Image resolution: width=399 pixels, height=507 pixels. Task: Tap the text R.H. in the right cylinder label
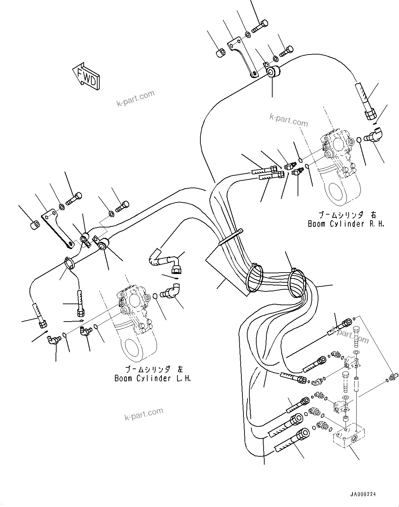pyautogui.click(x=376, y=224)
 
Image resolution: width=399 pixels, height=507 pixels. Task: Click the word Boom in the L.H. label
pyautogui.click(x=123, y=378)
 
